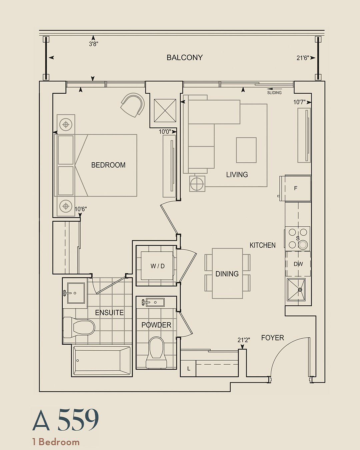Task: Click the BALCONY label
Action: [184, 58]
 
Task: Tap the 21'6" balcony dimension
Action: [303, 58]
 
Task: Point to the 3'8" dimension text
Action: [94, 44]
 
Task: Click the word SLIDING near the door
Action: [274, 93]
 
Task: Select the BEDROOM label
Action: [108, 165]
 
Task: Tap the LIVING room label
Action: [237, 175]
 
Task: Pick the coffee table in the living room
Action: [246, 150]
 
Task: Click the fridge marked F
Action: [295, 188]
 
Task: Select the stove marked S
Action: [297, 238]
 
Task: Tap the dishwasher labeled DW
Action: [298, 264]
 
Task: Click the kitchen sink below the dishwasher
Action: [296, 290]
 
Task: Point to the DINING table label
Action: [227, 274]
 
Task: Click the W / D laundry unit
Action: [157, 266]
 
